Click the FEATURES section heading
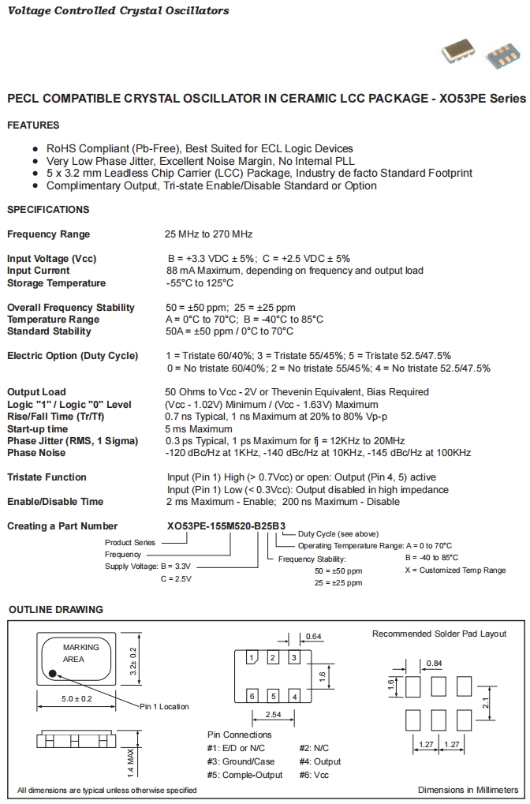[33, 125]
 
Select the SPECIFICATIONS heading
[48, 210]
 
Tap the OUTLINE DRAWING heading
[55, 610]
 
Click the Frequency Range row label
[49, 234]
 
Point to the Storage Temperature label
[56, 283]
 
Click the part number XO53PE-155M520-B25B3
[226, 526]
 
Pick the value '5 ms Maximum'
[199, 428]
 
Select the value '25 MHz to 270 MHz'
[209, 234]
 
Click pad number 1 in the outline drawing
[252, 657]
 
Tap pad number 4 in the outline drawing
[293, 696]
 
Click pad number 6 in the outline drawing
[252, 696]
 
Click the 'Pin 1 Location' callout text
[164, 706]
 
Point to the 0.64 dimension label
[313, 636]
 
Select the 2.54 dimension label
[272, 715]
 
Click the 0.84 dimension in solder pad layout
[434, 663]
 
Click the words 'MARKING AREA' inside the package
[81, 653]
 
